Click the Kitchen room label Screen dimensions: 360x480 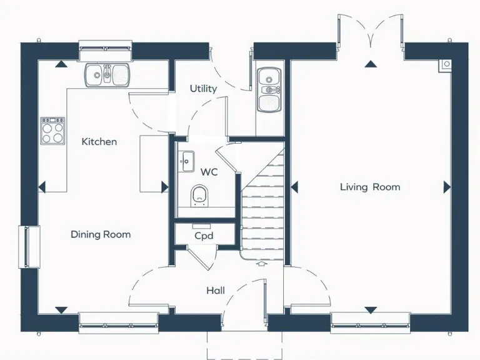pos(99,142)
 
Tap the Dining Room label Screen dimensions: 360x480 pos(101,234)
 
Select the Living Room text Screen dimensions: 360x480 pos(370,187)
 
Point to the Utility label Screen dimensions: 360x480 pos(203,89)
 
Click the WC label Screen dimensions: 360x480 pos(209,171)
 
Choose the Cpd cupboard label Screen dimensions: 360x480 pos(204,236)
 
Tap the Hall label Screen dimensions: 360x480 pos(216,291)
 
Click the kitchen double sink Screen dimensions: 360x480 pos(107,74)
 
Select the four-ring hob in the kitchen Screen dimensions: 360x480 pos(53,131)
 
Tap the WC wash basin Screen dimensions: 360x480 pos(186,162)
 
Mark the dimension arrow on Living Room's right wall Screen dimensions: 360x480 pos(447,187)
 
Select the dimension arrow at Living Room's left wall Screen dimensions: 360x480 pos(294,187)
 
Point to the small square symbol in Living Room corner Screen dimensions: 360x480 pos(446,63)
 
